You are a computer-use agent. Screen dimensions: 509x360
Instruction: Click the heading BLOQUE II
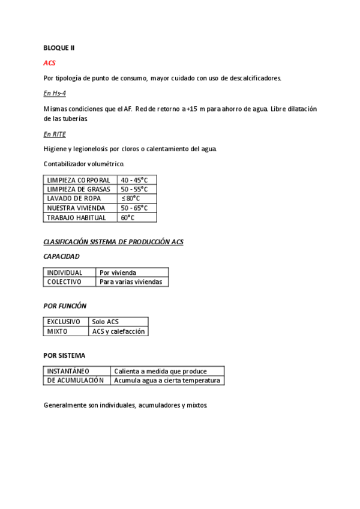tap(59, 47)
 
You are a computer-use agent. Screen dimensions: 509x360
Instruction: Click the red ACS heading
tap(50, 62)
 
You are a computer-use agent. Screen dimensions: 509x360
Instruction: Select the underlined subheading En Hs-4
tap(55, 93)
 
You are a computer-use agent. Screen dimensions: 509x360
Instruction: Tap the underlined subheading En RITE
tap(55, 134)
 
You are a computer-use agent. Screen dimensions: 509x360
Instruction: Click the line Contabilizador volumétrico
tap(84, 164)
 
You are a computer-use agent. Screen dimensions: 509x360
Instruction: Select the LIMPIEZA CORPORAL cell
tap(79, 180)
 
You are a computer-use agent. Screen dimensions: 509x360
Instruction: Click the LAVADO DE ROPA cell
tap(74, 199)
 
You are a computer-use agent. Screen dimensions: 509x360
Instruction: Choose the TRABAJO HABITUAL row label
tap(76, 218)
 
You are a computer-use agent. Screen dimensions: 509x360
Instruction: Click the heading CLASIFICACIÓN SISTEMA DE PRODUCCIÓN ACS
tap(113, 242)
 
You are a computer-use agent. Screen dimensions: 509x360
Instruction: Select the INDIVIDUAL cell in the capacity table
tap(65, 273)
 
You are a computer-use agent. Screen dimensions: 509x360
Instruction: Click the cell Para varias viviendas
tap(131, 282)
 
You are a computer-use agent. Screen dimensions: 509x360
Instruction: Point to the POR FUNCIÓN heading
tap(65, 306)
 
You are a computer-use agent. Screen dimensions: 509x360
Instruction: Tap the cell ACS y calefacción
tap(118, 331)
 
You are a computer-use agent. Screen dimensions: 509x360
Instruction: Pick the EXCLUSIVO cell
tap(64, 322)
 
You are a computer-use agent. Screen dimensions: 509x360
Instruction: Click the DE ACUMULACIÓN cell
tap(75, 380)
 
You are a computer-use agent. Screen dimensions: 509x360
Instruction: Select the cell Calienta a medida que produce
tap(160, 371)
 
